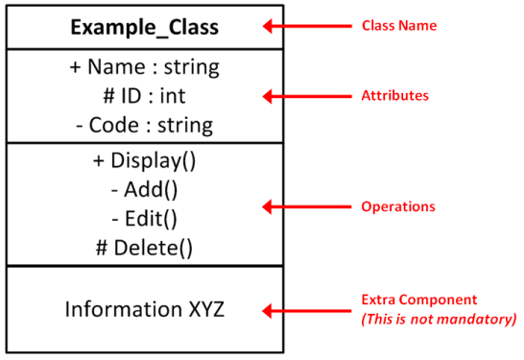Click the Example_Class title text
click(145, 27)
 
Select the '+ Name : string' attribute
click(145, 68)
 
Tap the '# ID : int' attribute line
click(145, 96)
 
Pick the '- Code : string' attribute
click(145, 125)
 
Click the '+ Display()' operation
click(145, 160)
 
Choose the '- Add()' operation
click(145, 189)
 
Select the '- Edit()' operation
click(145, 218)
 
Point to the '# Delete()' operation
click(145, 247)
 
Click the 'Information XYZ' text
click(145, 309)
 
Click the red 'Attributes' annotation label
click(393, 96)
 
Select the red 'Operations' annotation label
click(396, 206)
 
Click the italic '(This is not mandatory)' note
click(439, 319)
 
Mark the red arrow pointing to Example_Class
click(312, 26)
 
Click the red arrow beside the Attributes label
click(312, 96)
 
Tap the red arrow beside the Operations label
click(312, 206)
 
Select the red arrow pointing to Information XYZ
click(312, 310)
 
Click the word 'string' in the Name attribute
click(191, 68)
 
